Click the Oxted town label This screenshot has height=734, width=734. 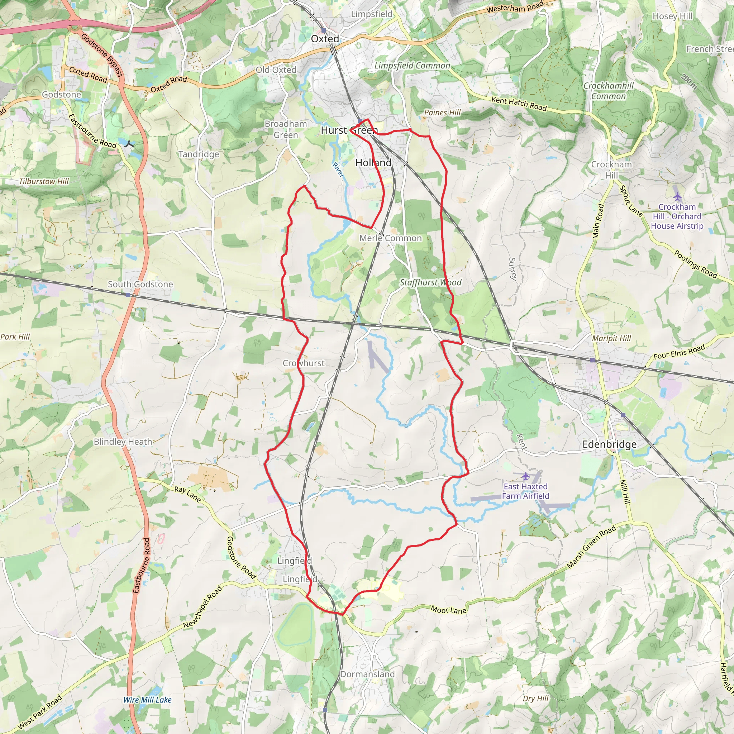325,39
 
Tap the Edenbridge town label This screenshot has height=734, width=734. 609,444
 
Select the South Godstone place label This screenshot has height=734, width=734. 140,284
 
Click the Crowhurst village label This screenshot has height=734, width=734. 304,363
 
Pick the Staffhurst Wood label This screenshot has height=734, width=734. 430,282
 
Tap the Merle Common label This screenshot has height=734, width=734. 391,238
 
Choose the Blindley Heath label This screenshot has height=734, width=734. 123,442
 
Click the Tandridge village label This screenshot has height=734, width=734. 199,154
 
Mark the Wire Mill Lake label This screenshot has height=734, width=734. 147,700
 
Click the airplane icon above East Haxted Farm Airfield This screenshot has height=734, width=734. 525,476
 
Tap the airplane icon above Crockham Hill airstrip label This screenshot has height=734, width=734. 677,196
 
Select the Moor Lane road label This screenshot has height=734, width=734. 448,610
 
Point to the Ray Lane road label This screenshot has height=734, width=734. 187,494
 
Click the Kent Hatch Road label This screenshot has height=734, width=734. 519,104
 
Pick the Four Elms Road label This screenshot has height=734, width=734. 679,352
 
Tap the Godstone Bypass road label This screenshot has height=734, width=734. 102,55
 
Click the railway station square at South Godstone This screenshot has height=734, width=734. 128,295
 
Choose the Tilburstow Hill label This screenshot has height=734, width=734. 44,182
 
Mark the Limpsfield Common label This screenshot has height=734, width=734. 412,66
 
